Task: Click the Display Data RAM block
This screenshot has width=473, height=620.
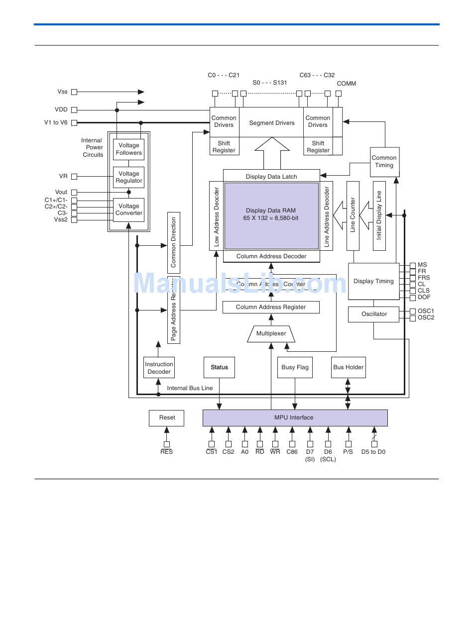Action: click(x=271, y=215)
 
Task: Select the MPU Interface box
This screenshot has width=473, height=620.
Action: click(x=295, y=418)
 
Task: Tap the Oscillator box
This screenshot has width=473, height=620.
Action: click(x=374, y=314)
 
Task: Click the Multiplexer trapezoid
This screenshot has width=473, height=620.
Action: click(x=271, y=334)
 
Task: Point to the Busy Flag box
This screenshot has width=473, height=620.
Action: click(x=295, y=368)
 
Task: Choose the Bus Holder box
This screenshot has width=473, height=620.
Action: click(x=348, y=368)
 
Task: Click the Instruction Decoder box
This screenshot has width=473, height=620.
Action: click(x=159, y=368)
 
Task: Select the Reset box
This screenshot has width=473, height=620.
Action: click(x=167, y=418)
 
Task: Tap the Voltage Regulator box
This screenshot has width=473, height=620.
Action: click(x=129, y=177)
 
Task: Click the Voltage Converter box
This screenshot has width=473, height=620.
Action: click(x=129, y=209)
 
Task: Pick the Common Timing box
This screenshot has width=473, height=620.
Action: click(x=384, y=162)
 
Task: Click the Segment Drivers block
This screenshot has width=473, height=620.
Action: click(x=272, y=122)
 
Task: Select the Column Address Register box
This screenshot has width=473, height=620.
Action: click(x=271, y=307)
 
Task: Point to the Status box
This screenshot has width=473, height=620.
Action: click(x=219, y=368)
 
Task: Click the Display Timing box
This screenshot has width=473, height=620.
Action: click(x=373, y=282)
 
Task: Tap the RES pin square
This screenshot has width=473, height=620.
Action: click(x=167, y=444)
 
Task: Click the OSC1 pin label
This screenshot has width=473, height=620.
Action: click(x=426, y=311)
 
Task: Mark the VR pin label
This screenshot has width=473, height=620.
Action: click(x=63, y=176)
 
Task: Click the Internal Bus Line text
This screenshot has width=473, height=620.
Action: click(x=190, y=388)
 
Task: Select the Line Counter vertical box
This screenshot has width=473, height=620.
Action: click(x=353, y=216)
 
